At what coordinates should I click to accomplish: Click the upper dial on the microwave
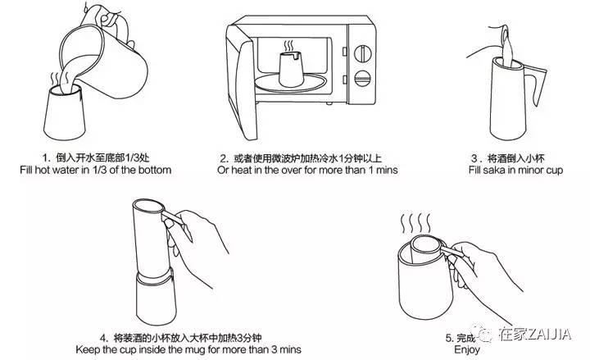point(363,54)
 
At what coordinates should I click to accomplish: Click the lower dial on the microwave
point(363,79)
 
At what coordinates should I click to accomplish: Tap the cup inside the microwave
point(292,69)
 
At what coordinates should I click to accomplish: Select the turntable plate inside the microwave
point(290,83)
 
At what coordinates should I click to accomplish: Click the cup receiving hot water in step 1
point(65,112)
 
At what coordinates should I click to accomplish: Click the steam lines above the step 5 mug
point(415,223)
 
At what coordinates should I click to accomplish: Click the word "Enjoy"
point(467,349)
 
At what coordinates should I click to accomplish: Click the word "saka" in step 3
point(494,171)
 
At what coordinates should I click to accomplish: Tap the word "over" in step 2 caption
point(291,170)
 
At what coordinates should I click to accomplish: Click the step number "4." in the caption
point(104,337)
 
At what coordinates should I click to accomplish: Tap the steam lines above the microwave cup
point(289,46)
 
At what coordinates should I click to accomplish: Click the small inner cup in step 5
point(425,249)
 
